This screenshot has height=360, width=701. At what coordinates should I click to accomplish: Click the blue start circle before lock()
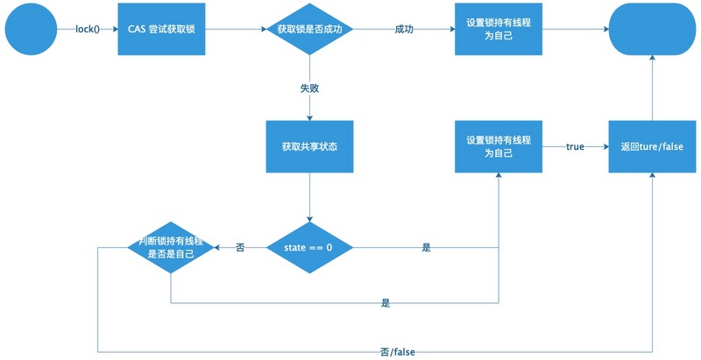click(30, 30)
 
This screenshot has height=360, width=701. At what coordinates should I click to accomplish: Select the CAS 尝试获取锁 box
click(161, 30)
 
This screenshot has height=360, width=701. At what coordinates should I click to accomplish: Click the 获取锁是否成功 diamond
click(309, 30)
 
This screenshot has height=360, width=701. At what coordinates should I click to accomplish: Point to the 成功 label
click(404, 30)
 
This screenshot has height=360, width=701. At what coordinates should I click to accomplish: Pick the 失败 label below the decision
click(309, 88)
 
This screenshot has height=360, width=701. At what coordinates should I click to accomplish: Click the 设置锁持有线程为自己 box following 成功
click(498, 30)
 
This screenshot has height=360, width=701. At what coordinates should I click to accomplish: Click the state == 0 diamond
click(309, 248)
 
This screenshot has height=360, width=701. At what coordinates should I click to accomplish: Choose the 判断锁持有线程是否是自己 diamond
click(171, 248)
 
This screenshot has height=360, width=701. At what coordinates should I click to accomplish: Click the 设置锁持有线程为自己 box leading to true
click(498, 146)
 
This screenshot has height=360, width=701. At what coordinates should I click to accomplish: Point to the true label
click(575, 146)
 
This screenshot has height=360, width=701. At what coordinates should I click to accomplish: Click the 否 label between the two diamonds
click(240, 248)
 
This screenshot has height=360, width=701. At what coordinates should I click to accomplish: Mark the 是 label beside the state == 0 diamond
click(427, 248)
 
